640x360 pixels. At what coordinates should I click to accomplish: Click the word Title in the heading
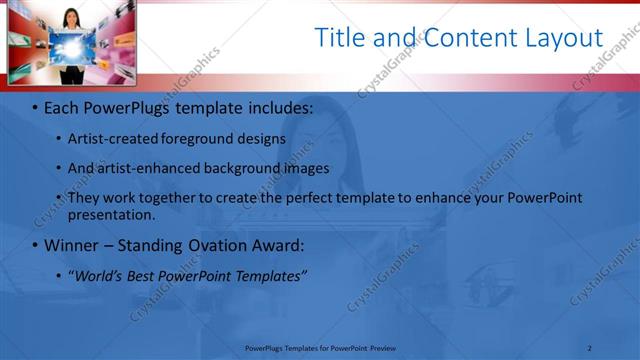click(338, 38)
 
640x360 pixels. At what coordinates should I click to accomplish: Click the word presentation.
click(111, 214)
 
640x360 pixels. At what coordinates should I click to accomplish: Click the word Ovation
click(229, 245)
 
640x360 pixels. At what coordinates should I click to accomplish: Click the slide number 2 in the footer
click(590, 347)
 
